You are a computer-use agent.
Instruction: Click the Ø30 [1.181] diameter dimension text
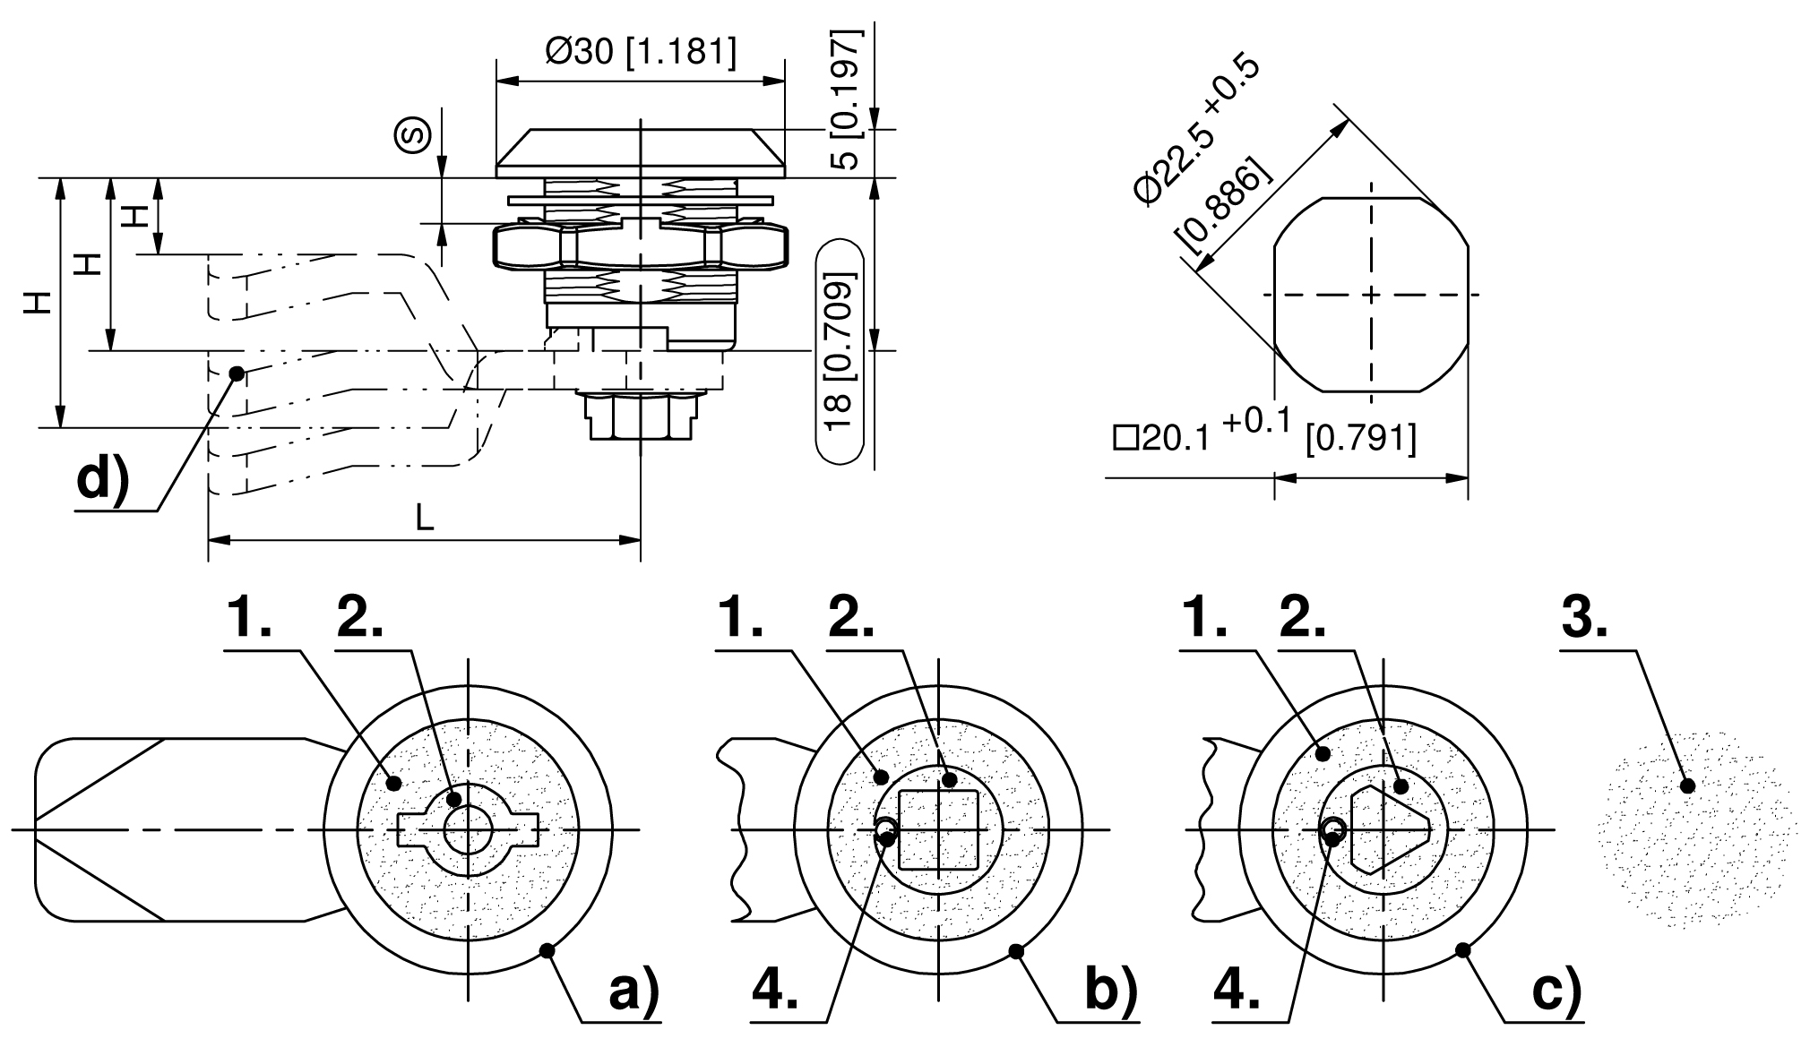641,53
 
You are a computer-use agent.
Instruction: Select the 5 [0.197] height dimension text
843,99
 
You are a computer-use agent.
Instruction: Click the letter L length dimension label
425,517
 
